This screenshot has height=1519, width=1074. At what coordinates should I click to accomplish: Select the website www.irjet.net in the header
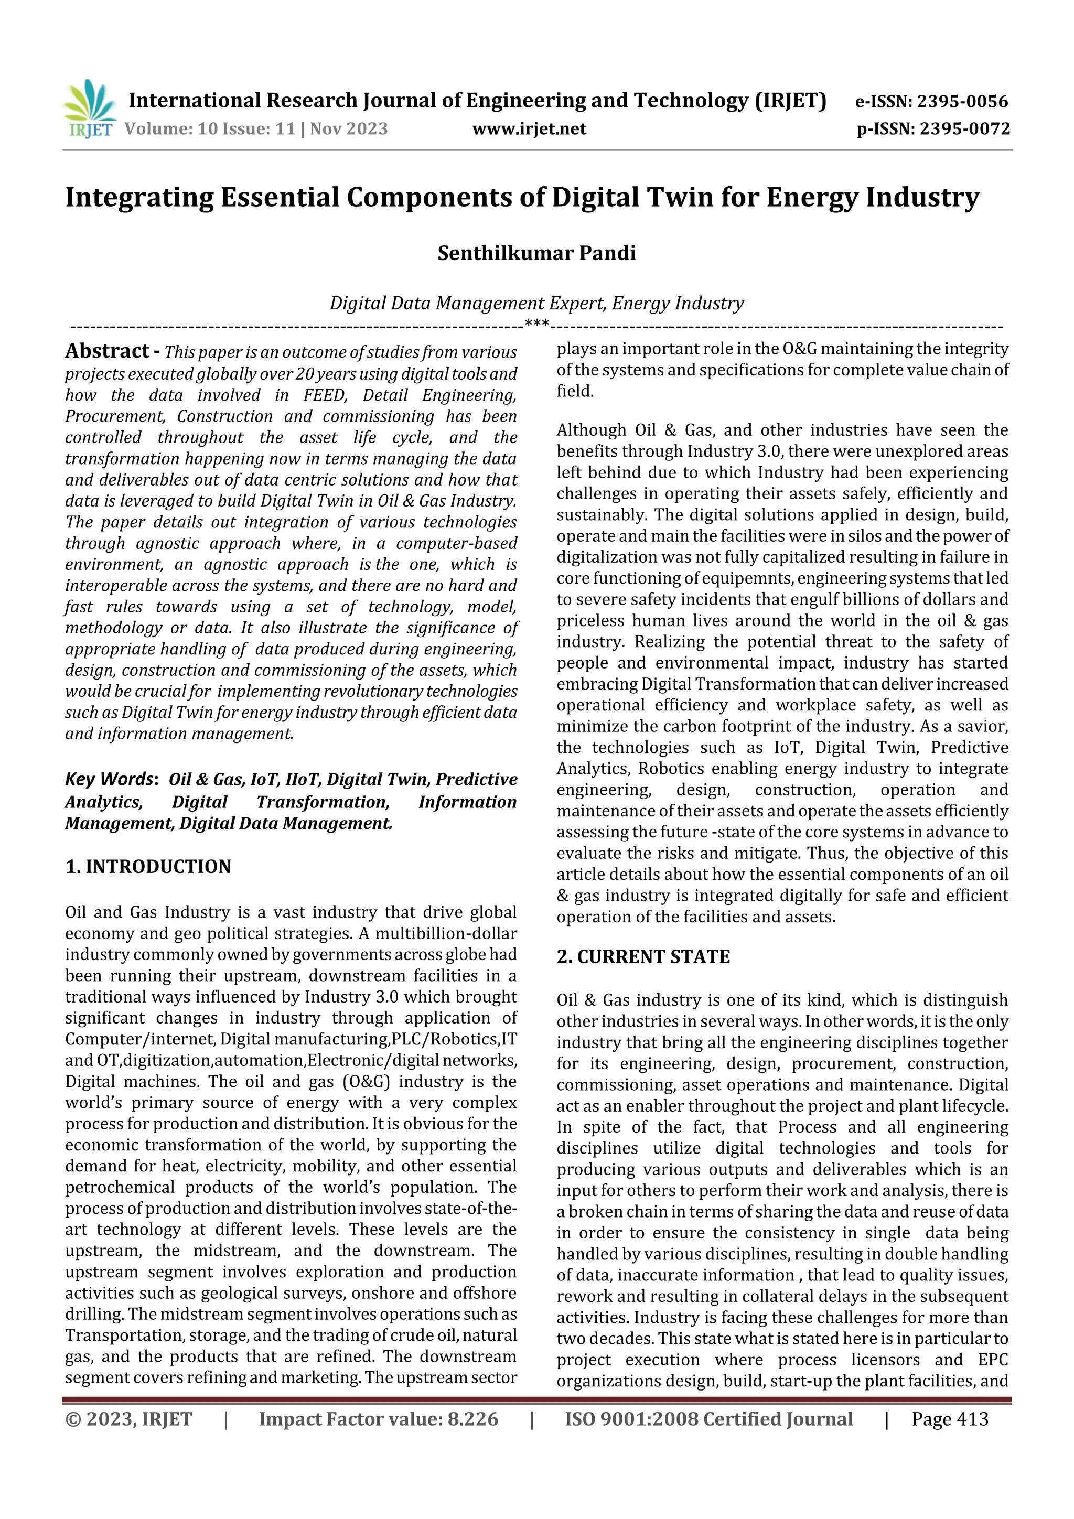pyautogui.click(x=529, y=128)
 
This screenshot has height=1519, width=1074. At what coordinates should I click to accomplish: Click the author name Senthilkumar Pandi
pyautogui.click(x=536, y=253)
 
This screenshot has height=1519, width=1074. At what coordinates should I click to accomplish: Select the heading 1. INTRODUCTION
pyautogui.click(x=148, y=867)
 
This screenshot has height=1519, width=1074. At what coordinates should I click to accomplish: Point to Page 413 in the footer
pyautogui.click(x=950, y=1419)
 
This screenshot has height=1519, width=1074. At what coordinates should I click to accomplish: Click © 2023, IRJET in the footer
pyautogui.click(x=128, y=1419)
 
